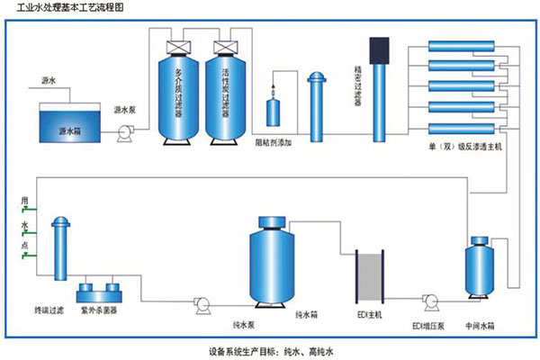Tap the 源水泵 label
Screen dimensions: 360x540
(x=125, y=110)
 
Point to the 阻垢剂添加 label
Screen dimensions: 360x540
(x=274, y=143)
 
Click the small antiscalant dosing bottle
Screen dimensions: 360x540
(x=274, y=112)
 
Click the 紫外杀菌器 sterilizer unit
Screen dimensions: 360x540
(x=99, y=292)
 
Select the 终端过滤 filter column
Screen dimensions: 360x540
(x=59, y=251)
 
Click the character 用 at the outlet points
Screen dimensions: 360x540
(x=24, y=197)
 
